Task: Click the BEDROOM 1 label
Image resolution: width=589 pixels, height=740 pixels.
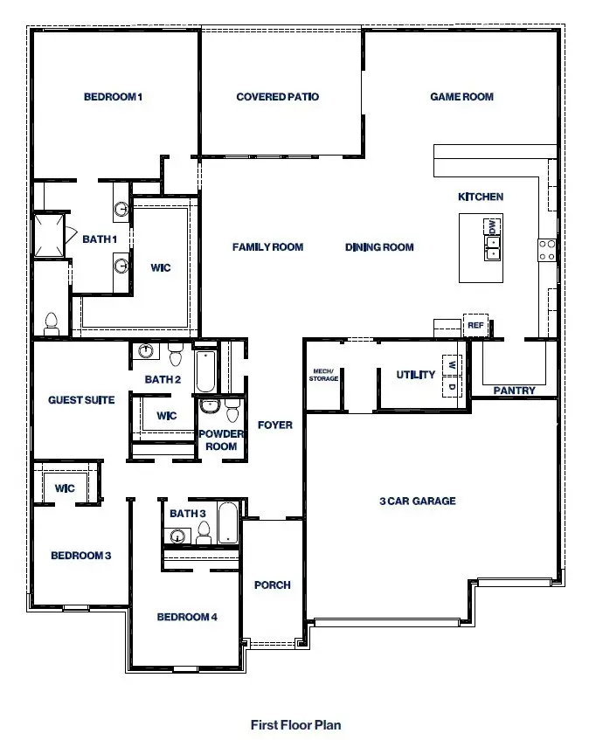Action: pos(113,97)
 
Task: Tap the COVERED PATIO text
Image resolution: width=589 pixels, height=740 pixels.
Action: pos(277,97)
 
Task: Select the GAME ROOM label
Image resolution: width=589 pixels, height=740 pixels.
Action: pos(461,97)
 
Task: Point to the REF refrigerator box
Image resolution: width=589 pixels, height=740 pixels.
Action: pos(475,325)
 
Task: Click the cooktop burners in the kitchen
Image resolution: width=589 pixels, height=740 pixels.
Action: pos(547,251)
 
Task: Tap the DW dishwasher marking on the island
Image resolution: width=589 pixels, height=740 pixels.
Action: pos(492,227)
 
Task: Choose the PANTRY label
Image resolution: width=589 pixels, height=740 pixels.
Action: pos(514,391)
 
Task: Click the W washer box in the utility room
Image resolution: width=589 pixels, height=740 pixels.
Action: pos(452,363)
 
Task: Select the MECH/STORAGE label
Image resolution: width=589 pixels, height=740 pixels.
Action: pos(323,375)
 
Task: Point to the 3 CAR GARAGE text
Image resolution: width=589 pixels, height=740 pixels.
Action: pos(417,501)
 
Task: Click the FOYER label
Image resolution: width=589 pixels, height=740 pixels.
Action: pos(274,425)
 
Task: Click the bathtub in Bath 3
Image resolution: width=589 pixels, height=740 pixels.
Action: pos(226,522)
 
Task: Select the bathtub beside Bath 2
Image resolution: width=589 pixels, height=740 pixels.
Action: pos(205,372)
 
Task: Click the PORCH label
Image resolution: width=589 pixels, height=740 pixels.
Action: pos(272,585)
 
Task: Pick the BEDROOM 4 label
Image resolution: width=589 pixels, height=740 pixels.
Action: pos(187,617)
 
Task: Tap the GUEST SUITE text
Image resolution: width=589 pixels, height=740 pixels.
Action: pos(81,400)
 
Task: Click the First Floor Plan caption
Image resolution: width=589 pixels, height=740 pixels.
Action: pos(295,724)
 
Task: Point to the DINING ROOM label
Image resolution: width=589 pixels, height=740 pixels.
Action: pos(379,247)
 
